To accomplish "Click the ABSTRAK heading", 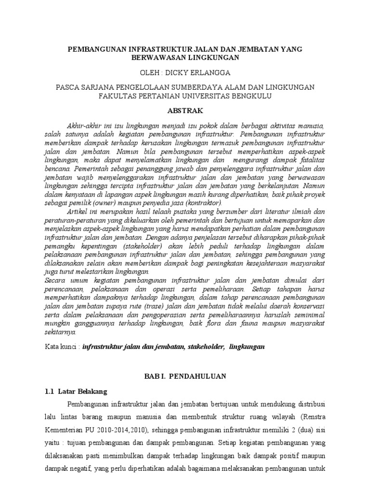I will pos(185,110).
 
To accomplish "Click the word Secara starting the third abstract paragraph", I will pos(55,280).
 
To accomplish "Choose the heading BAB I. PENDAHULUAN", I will pos(185,375).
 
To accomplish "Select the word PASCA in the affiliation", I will pos(69,87).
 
